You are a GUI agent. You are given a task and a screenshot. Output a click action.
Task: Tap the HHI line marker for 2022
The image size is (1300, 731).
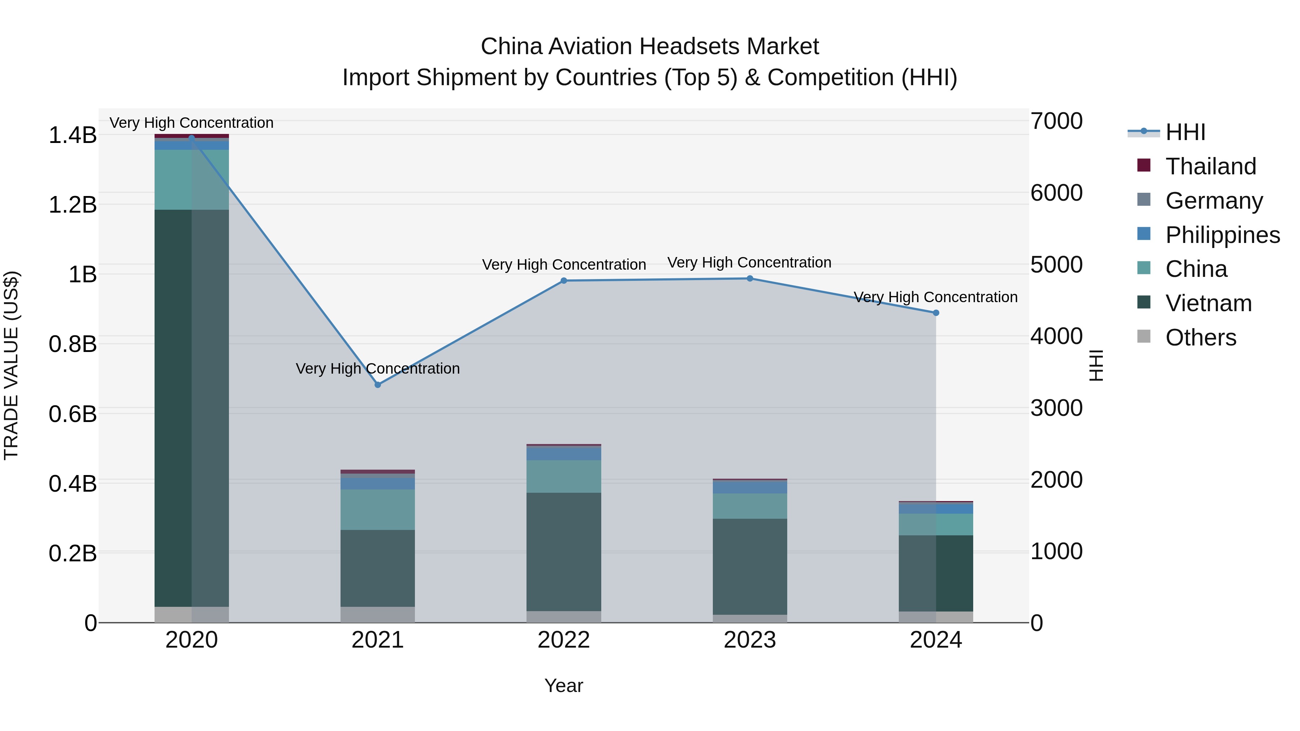564,280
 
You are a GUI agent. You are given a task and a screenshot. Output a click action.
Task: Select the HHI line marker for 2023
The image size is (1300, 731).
750,278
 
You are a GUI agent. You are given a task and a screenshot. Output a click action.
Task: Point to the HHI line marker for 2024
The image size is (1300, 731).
936,313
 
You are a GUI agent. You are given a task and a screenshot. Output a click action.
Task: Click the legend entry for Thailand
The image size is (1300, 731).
1210,166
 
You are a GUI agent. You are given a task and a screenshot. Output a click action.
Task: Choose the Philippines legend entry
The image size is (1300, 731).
1222,235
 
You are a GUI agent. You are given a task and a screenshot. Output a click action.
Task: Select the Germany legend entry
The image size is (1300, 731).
1214,201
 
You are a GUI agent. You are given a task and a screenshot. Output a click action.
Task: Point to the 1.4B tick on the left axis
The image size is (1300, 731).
73,135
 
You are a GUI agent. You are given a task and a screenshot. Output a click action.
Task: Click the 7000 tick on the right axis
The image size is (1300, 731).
1056,122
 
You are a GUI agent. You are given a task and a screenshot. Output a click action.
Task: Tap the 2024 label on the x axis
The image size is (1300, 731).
936,640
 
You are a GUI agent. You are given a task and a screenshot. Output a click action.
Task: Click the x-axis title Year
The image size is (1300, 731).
564,686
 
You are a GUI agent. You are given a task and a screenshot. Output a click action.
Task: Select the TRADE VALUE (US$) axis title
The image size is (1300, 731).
12,365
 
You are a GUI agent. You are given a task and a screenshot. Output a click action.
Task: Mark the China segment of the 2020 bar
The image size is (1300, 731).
192,180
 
